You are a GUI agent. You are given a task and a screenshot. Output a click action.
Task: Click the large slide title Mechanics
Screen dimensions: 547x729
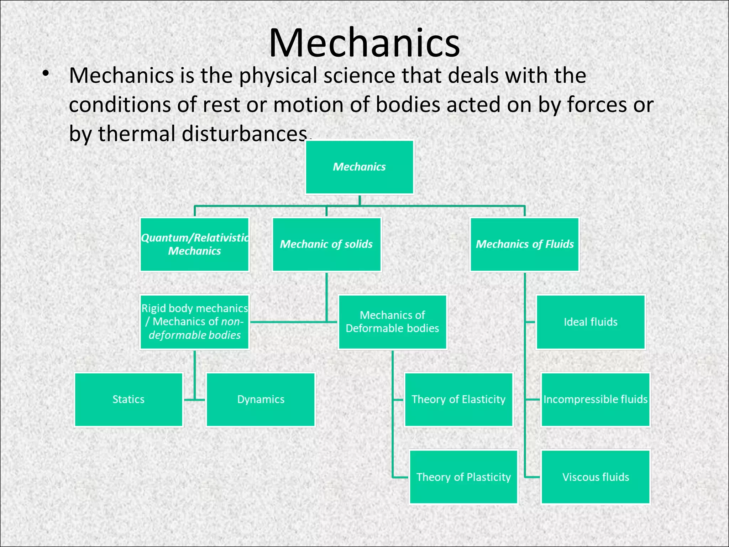[364, 43]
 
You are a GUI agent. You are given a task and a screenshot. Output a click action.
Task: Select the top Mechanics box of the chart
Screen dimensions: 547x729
[360, 167]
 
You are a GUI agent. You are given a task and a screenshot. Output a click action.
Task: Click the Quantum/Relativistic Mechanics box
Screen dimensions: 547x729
[195, 244]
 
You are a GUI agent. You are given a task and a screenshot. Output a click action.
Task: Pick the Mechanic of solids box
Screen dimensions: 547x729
[326, 244]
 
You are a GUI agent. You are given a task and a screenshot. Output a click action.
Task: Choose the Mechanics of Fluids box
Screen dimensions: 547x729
[525, 244]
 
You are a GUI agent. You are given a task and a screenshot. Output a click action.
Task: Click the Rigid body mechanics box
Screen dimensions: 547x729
[195, 322]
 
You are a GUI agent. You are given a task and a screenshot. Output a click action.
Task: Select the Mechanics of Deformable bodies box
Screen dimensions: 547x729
[392, 322]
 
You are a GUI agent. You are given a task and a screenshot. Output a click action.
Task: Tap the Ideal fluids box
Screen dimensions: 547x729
[591, 322]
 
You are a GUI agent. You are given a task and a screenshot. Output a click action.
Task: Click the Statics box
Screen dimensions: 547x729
[129, 399]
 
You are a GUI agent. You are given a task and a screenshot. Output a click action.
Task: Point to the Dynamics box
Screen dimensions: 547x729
[261, 399]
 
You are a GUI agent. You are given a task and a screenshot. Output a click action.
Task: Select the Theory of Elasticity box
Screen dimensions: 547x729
[458, 399]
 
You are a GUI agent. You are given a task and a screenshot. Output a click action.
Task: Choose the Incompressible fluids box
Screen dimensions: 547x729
[595, 399]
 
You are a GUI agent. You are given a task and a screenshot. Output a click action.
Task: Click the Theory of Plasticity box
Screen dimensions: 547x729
[463, 477]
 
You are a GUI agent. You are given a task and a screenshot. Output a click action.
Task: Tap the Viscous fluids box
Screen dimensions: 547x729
[596, 477]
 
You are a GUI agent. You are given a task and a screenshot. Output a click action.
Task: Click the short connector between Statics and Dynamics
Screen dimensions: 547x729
[195, 400]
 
